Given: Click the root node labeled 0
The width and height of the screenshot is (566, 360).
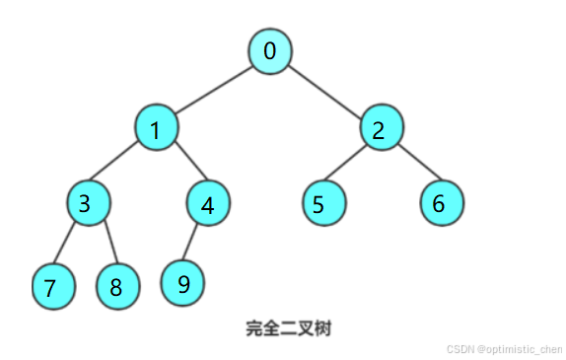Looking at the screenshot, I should [x=269, y=51].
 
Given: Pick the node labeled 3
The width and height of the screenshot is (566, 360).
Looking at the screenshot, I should [x=88, y=204].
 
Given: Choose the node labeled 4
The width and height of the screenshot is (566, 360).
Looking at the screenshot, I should [x=207, y=205].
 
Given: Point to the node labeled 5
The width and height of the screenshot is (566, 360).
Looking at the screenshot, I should [x=323, y=205].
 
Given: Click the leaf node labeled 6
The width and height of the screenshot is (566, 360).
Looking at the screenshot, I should [x=440, y=204].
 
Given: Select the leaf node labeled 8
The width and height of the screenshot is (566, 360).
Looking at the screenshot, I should [x=116, y=287].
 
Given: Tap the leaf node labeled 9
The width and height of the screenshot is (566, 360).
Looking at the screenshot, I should [x=183, y=283].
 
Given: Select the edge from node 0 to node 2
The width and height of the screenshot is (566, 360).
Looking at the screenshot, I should [x=325, y=90].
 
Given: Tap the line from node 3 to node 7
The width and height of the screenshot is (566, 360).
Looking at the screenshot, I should [x=68, y=246].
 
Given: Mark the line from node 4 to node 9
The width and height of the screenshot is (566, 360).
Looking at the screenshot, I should [x=195, y=244].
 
